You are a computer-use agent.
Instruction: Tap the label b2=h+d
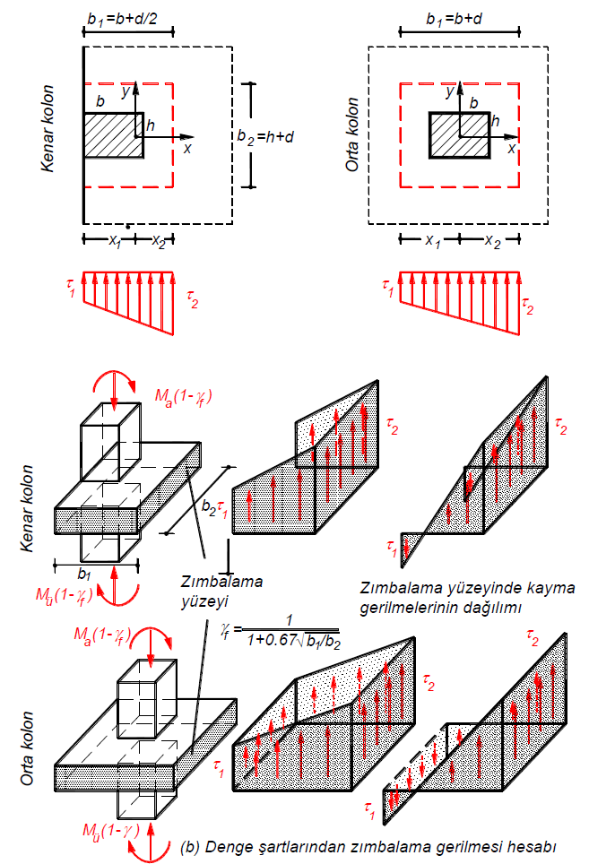pyautogui.click(x=267, y=136)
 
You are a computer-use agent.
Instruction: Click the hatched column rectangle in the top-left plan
pyautogui.click(x=113, y=135)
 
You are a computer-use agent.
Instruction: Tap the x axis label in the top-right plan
pyautogui.click(x=512, y=150)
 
